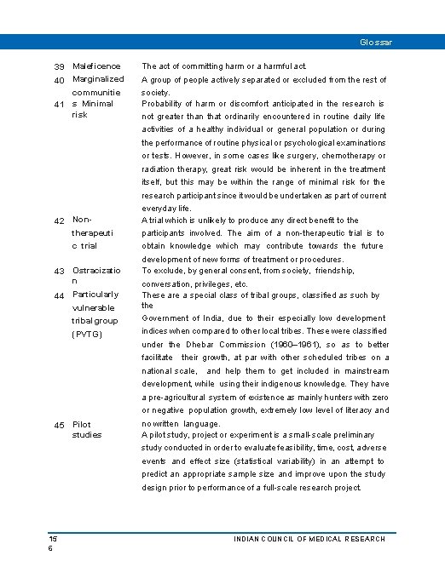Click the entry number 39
[60, 66]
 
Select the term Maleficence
[97, 66]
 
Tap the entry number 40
[60, 80]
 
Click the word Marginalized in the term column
[99, 79]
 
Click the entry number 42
[60, 221]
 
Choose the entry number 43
[60, 271]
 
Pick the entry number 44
[60, 296]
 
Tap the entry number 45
[60, 425]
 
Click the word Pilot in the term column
[83, 424]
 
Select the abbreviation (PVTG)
[87, 334]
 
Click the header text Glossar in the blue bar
[376, 42]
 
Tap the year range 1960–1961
[288, 345]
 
